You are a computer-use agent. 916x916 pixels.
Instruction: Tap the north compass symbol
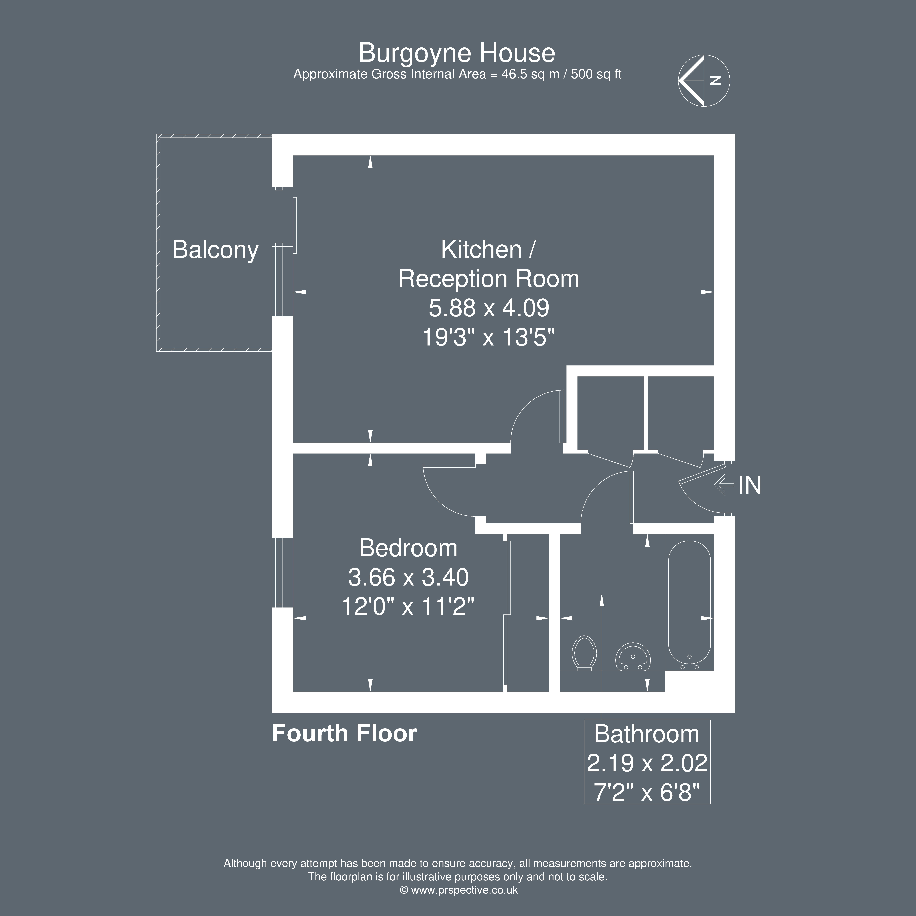[x=704, y=81]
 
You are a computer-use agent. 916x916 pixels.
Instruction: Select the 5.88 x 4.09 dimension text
[x=489, y=308]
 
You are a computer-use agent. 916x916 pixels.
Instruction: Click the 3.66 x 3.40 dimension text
[x=408, y=577]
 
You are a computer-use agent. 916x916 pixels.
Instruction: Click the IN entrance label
[x=750, y=485]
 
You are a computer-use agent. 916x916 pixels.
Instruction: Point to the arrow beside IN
[x=724, y=485]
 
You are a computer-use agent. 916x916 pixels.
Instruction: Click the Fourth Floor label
[x=345, y=733]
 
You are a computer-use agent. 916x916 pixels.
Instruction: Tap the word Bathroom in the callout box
[x=647, y=734]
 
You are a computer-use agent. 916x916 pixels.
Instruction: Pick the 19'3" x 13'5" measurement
[x=489, y=338]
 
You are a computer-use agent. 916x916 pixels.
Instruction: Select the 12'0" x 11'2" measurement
[x=408, y=606]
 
